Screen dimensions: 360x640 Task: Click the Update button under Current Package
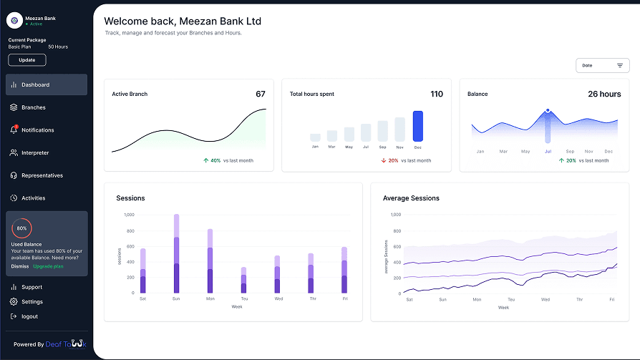27,60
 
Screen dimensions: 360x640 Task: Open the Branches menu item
33,107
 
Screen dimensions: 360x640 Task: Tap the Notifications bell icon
14,130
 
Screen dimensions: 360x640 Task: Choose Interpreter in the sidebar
35,153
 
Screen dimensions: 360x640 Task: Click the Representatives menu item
42,175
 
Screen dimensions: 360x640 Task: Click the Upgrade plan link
48,266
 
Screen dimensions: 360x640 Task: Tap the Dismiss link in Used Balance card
20,266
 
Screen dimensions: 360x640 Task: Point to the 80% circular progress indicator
21,228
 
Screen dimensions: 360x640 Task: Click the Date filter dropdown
602,65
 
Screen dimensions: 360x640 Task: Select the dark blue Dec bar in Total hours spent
418,126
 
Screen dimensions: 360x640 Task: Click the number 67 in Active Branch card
261,94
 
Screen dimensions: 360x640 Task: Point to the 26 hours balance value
604,94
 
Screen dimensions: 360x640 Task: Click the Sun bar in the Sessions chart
176,254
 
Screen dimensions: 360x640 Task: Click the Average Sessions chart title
411,198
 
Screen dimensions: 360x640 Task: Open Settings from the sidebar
31,302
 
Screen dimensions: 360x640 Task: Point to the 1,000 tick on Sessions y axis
129,215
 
